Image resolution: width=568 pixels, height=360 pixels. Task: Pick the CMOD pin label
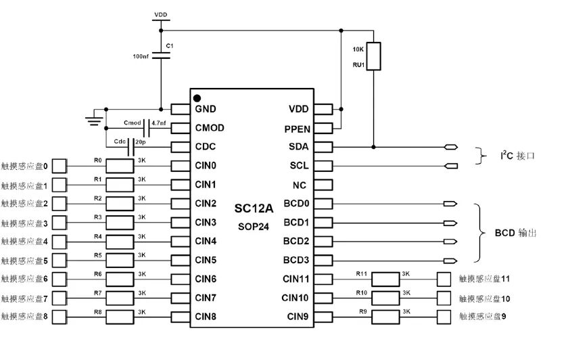(x=210, y=127)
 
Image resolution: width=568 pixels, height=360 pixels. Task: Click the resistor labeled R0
(x=120, y=166)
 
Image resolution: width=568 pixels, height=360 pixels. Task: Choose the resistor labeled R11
(x=386, y=279)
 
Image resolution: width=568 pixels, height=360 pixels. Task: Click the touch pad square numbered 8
(x=60, y=317)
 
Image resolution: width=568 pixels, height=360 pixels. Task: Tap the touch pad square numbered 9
(x=444, y=317)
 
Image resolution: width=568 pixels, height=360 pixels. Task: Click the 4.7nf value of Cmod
(x=160, y=123)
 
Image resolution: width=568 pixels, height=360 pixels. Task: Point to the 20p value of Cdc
(x=141, y=142)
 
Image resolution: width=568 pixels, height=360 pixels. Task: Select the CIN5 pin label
(x=206, y=260)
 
